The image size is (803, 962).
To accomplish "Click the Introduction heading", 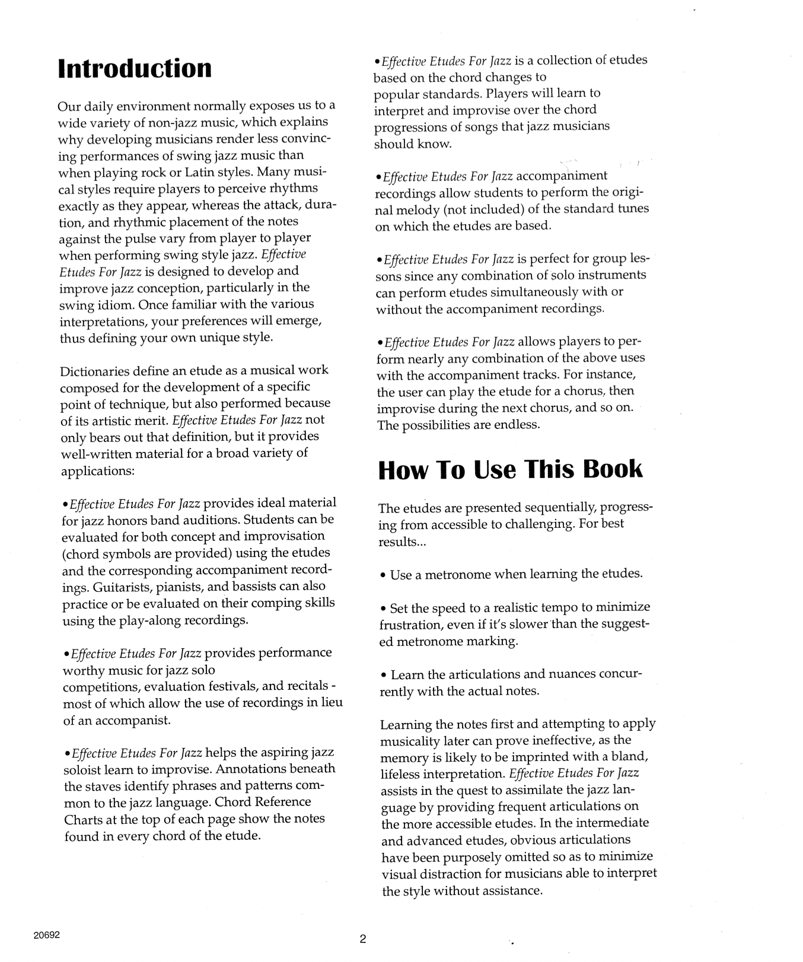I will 135,68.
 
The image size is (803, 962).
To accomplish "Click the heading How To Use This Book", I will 510,469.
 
